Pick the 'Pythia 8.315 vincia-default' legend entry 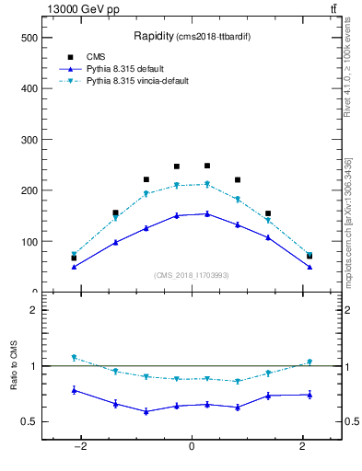[137, 81]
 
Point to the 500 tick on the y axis [29, 38]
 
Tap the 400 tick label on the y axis [29, 88]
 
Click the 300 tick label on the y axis [29, 140]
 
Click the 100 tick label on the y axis [29, 242]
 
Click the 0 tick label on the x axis [192, 446]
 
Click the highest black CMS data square [207, 166]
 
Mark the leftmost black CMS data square [74, 258]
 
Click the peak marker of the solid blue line [207, 213]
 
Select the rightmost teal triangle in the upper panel [309, 255]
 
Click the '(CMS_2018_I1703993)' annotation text [191, 275]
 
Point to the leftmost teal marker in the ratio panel [74, 358]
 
